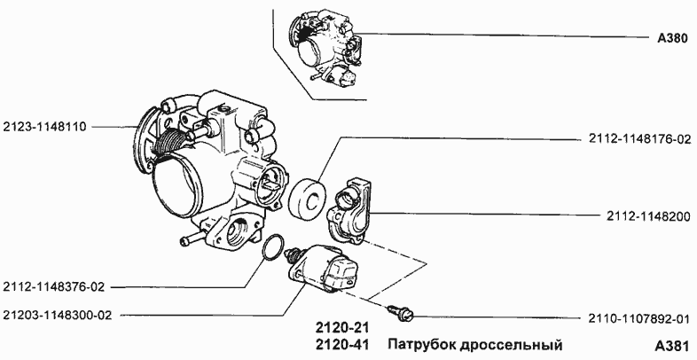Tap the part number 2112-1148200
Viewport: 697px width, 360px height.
pos(651,215)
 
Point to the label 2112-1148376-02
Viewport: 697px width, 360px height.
pos(54,286)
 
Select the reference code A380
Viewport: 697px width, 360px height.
pos(674,38)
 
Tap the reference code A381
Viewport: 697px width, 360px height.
pos(673,344)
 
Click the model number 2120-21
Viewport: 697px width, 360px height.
pos(341,327)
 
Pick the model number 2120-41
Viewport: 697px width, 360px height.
pos(341,344)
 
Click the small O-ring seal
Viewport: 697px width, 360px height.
pos(275,248)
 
